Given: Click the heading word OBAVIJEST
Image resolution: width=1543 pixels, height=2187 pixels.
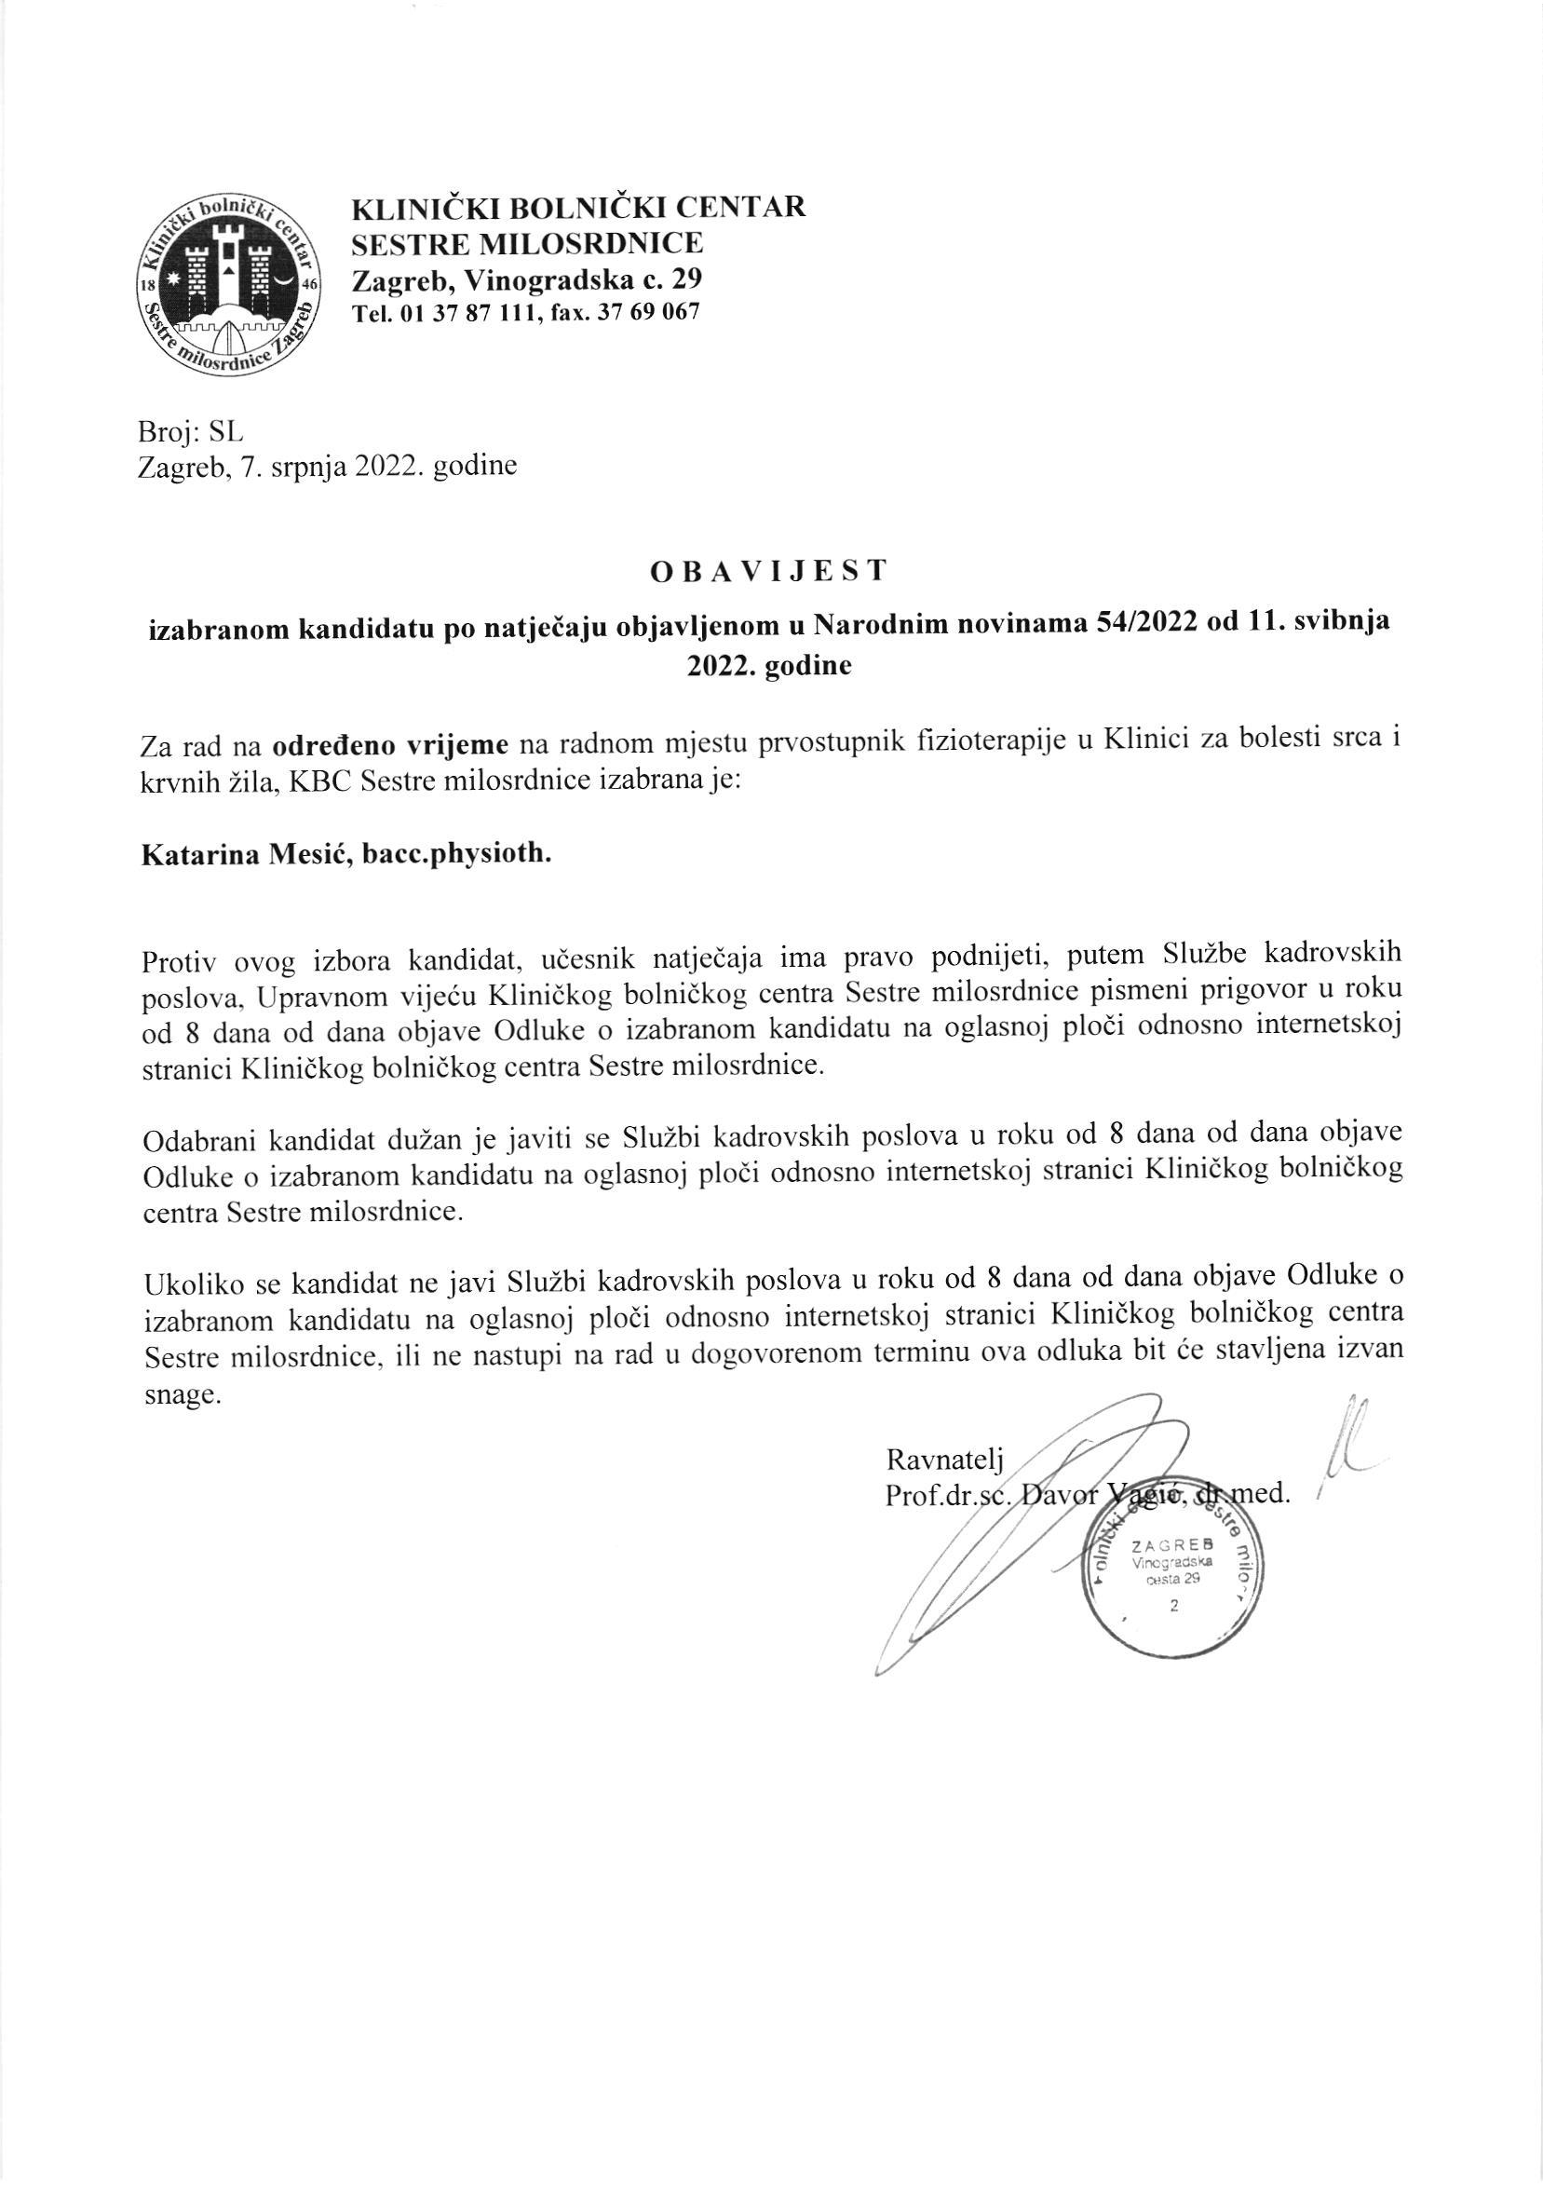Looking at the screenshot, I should click(x=769, y=572).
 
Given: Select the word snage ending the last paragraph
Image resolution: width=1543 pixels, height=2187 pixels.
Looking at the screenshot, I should click(x=180, y=1397).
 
